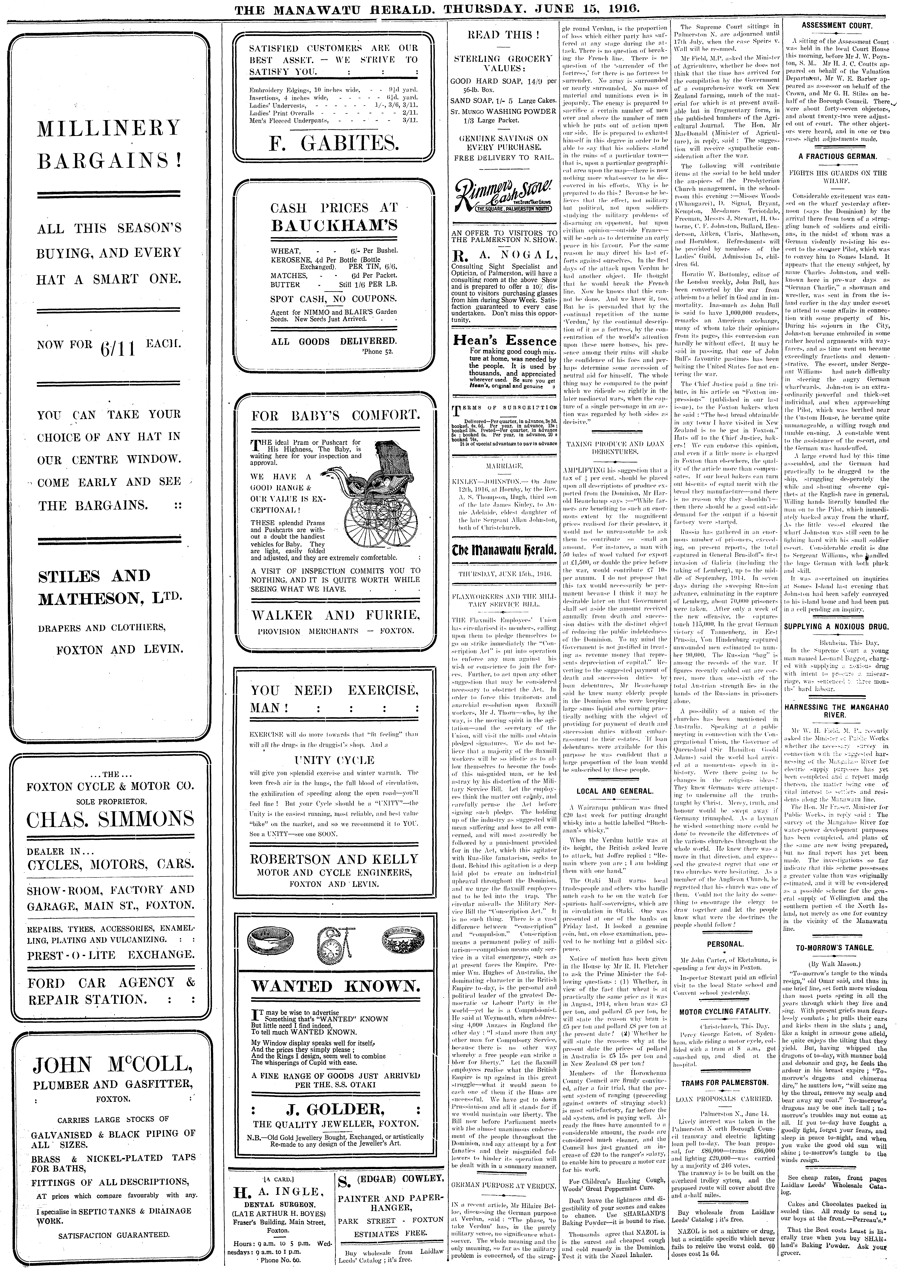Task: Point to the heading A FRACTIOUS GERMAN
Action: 837,156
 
